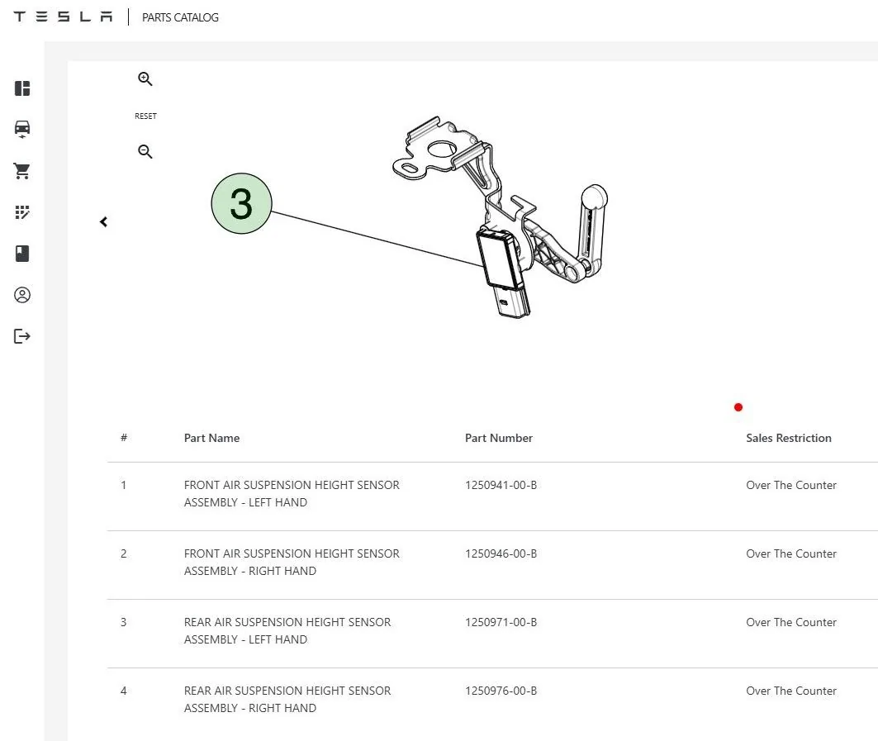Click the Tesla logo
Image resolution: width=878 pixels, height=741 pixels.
point(63,17)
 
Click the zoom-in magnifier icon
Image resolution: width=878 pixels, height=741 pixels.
point(145,79)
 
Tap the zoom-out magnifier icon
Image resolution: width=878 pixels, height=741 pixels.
point(145,151)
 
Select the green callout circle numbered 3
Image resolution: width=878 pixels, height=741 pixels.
point(241,203)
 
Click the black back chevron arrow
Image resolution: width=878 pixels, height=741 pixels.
point(103,222)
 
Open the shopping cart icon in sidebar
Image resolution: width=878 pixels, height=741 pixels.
point(21,171)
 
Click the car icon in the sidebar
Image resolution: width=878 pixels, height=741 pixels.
point(21,129)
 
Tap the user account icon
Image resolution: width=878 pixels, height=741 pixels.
point(21,295)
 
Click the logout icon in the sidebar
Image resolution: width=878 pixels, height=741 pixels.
point(21,336)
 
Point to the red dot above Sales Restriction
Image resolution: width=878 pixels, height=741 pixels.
point(738,407)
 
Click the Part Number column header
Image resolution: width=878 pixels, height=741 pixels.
point(498,438)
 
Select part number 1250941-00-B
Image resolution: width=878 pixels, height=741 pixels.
point(501,485)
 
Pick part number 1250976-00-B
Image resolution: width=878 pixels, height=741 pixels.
point(501,691)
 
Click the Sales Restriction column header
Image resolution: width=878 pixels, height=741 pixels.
point(789,438)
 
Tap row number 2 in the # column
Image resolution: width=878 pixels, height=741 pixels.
point(123,553)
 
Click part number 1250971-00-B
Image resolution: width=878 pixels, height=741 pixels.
point(501,622)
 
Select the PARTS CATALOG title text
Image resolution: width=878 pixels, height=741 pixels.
point(180,17)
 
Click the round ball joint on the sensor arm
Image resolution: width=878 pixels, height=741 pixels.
point(594,197)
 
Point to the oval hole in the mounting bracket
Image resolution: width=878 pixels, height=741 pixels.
point(411,169)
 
